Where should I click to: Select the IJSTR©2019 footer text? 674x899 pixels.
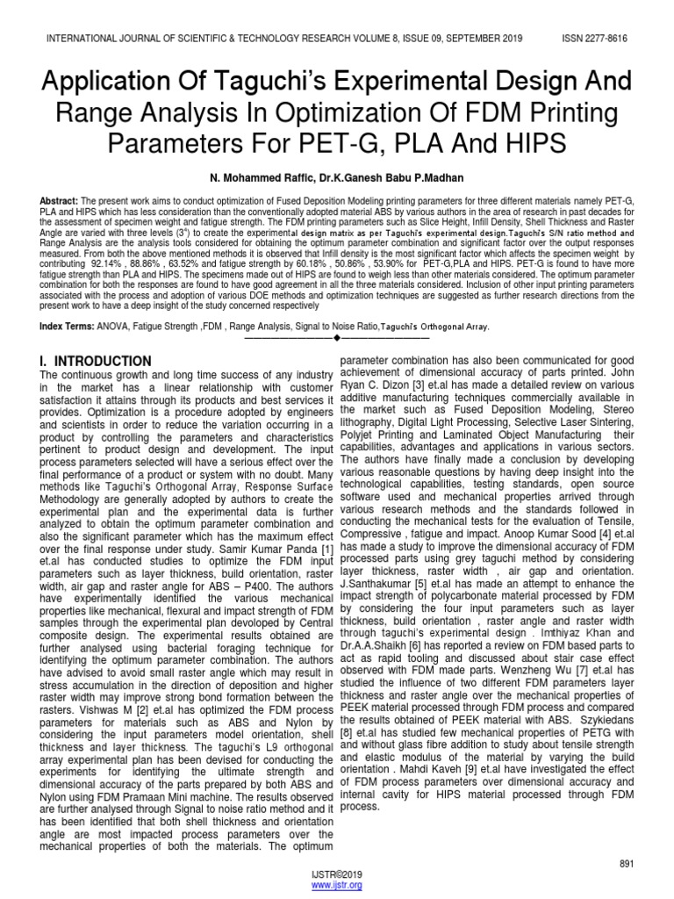(x=337, y=876)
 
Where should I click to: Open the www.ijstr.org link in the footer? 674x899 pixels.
(x=337, y=887)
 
